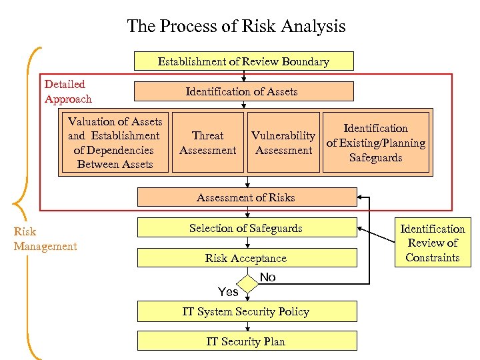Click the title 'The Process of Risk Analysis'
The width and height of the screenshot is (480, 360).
click(x=236, y=26)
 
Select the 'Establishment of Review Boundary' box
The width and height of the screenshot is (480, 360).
click(x=243, y=61)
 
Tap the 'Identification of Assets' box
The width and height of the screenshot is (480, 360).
click(x=243, y=91)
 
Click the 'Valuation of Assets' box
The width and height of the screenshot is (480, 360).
click(x=115, y=143)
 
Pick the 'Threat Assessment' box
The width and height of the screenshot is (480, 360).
click(x=207, y=143)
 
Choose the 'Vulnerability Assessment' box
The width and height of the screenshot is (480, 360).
click(x=283, y=143)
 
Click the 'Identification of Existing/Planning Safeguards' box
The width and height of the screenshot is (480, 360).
click(x=375, y=143)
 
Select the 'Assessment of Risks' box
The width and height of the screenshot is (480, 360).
click(x=246, y=197)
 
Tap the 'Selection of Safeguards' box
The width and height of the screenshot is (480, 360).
click(x=246, y=228)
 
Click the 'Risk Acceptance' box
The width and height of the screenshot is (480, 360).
click(x=246, y=258)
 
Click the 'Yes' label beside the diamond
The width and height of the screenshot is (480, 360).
click(x=228, y=291)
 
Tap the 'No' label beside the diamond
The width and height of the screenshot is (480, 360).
click(x=268, y=277)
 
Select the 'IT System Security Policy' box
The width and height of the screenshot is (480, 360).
click(x=246, y=311)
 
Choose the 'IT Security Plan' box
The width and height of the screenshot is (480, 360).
click(x=246, y=341)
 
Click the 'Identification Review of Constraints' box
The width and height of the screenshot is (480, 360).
click(x=433, y=243)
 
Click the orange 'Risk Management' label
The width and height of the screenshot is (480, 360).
click(x=45, y=239)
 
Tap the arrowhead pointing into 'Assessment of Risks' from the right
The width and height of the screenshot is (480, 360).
click(x=360, y=197)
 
